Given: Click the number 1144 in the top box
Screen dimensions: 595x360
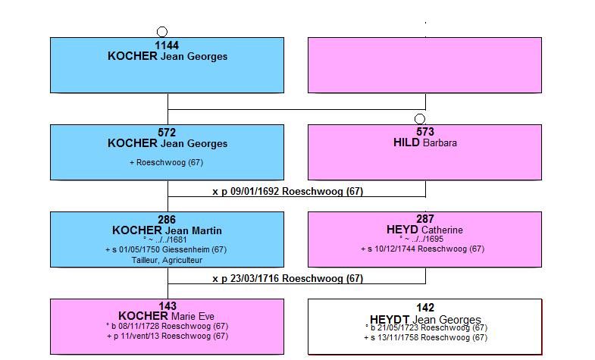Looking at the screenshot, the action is (167, 45).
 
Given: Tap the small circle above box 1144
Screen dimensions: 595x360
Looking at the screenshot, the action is (162, 32).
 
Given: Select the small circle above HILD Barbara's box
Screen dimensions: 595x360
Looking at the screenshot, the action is (420, 119).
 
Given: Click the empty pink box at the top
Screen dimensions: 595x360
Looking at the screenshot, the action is (424, 65).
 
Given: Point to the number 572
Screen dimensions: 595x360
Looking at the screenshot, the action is (167, 133).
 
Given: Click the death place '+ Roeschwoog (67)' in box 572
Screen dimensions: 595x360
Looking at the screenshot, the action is (166, 162).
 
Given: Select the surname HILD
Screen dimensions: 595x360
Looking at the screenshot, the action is (406, 142).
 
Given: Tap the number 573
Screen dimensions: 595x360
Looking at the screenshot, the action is (425, 132).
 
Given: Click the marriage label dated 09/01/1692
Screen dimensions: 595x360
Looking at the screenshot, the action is (287, 191).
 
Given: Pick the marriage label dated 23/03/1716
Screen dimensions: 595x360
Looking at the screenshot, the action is (287, 278).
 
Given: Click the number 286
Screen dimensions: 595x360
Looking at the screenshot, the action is (167, 220).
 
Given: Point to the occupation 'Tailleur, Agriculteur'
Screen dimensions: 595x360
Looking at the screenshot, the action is (167, 260).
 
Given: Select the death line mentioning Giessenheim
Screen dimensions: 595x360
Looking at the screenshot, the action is (166, 249).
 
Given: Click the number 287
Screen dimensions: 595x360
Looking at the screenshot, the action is (425, 219).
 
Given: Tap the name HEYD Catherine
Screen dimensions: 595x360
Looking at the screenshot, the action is (424, 230).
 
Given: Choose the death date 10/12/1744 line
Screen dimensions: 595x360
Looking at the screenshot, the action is (423, 249).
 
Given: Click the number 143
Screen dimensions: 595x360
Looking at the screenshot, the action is (168, 306).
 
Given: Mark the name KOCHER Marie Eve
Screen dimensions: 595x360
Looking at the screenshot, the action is (166, 316).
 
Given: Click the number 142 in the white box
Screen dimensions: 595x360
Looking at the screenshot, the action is (425, 308).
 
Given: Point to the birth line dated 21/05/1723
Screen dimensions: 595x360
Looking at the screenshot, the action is (426, 327).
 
